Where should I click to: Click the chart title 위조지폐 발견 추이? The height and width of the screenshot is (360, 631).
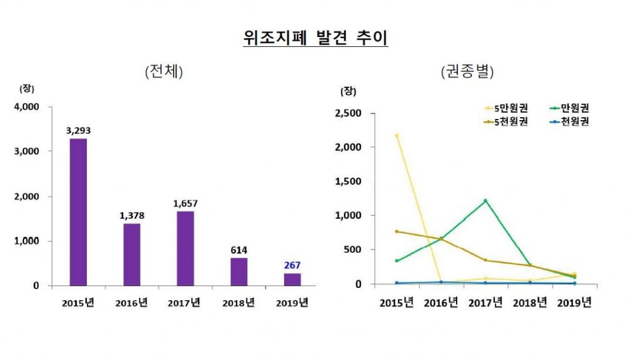tap(315, 38)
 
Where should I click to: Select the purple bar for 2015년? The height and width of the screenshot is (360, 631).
tap(78, 212)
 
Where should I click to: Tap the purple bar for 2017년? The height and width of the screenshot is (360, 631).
tap(185, 248)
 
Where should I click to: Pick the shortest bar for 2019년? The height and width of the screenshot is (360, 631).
tap(291, 279)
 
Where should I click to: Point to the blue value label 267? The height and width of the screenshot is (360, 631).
tap(291, 265)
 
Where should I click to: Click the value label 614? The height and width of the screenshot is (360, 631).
tap(238, 250)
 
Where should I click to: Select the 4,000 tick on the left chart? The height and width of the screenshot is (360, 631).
tap(26, 107)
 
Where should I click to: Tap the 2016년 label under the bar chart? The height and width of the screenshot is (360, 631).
tap(131, 303)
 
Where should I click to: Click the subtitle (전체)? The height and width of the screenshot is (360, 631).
tap(165, 72)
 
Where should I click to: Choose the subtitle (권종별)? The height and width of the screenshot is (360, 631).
tap(468, 72)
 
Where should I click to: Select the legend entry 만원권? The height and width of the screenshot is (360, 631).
tap(570, 108)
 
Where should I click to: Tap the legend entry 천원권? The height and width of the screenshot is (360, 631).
tap(570, 121)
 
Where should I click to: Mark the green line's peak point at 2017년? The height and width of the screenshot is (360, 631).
tap(485, 200)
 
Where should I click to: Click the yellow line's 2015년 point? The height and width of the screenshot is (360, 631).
tap(396, 135)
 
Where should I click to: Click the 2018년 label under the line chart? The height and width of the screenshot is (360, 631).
tap(529, 303)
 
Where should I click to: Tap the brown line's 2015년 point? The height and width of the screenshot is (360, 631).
tap(396, 232)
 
